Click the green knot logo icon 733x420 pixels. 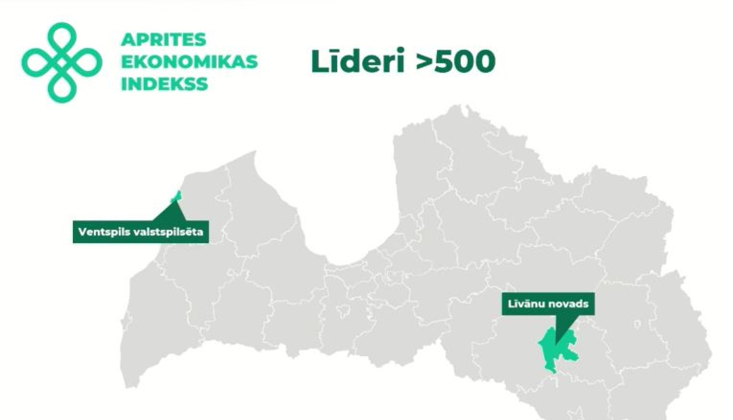click(x=62, y=63)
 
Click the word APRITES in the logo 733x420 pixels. click(x=163, y=40)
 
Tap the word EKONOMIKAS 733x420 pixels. click(x=189, y=62)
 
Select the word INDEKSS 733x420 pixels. click(x=164, y=84)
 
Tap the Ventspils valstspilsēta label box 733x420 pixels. click(x=141, y=232)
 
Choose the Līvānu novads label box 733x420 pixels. click(x=548, y=304)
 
